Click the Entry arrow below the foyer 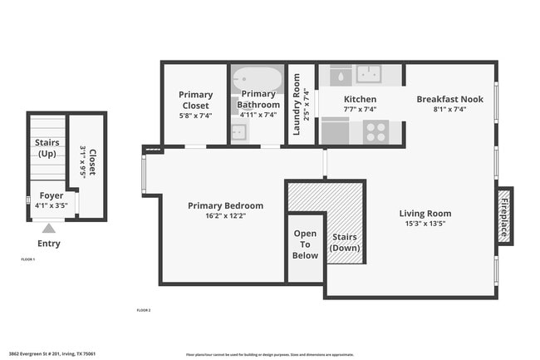tap(49, 228)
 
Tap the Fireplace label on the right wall tap(504, 215)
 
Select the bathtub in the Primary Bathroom tap(257, 81)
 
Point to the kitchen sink tap(368, 75)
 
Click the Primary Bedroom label tap(225, 205)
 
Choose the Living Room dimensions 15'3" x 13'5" tap(425, 224)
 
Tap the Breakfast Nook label tap(449, 99)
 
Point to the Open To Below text tap(305, 244)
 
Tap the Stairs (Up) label tap(47, 148)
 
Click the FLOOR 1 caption tap(27, 259)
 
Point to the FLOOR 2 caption tap(144, 310)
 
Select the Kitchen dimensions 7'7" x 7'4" tap(360, 109)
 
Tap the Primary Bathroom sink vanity tap(239, 131)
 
